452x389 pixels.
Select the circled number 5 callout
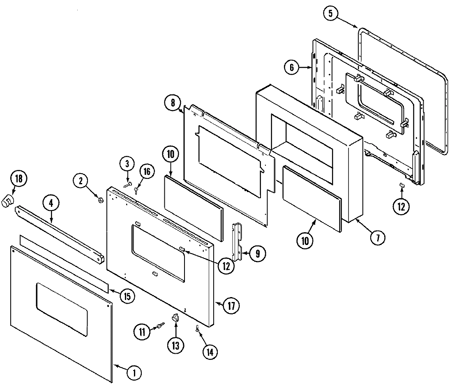pos(331,14)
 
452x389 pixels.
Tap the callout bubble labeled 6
pos(291,68)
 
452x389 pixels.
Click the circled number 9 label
pos(258,253)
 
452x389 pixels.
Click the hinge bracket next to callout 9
pos(238,242)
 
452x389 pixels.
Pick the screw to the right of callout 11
pos(158,326)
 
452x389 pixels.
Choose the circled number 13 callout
pos(176,345)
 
